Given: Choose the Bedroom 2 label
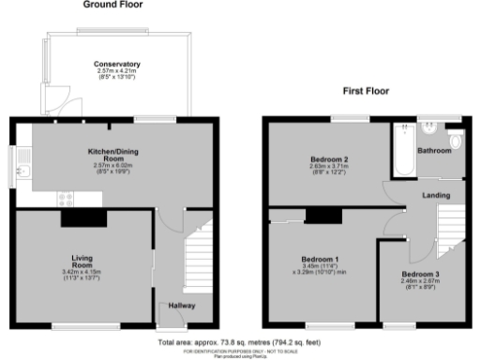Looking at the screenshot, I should pyautogui.click(x=328, y=160).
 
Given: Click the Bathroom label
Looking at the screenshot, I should pyautogui.click(x=434, y=150).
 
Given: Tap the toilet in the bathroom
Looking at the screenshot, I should pyautogui.click(x=456, y=141).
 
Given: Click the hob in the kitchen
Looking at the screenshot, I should pyautogui.click(x=67, y=199).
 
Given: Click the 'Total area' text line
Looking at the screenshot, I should pyautogui.click(x=239, y=343).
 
